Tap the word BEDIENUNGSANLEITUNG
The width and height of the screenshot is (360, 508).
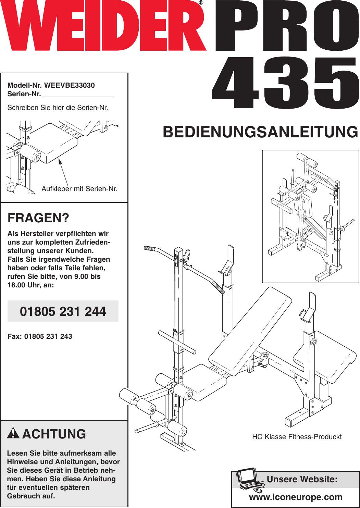tap(260, 132)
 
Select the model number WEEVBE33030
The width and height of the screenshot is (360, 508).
tap(70, 85)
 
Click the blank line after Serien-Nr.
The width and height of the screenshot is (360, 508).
tap(79, 95)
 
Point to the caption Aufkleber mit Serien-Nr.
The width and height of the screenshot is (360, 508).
tap(79, 189)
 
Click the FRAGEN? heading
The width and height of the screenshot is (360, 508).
tap(38, 218)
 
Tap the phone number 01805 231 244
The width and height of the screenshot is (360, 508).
tap(63, 311)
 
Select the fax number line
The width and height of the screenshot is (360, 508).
tap(40, 336)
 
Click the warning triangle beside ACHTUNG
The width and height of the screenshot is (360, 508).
tap(13, 433)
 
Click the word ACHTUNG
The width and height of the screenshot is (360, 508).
tap(54, 434)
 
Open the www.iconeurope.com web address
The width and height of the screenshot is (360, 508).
tap(296, 497)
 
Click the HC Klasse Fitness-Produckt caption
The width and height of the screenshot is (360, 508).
tap(297, 437)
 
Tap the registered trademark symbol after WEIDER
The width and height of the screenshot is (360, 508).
tap(201, 3)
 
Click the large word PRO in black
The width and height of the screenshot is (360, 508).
tap(287, 27)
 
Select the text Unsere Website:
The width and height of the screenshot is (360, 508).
tap(302, 479)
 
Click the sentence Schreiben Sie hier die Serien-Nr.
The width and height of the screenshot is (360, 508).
tap(58, 108)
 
